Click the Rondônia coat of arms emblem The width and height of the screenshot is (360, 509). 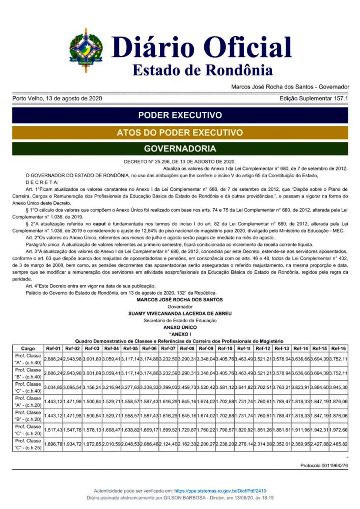tap(86, 50)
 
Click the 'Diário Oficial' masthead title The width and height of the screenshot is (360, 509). tap(201, 47)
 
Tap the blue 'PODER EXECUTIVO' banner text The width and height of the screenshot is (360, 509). tap(180, 115)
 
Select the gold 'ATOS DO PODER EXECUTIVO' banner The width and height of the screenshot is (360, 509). tap(180, 132)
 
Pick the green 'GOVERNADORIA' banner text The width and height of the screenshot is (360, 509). tap(180, 148)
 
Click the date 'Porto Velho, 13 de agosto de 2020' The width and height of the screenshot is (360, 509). tap(57, 98)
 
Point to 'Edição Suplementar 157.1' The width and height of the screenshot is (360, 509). tap(313, 98)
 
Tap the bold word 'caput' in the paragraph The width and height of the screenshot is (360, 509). tap(99, 224)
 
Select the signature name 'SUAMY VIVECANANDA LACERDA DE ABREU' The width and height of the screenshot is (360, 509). tap(180, 313)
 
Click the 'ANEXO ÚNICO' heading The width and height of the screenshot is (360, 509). tap(180, 327)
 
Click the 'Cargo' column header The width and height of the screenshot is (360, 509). tap(28, 348)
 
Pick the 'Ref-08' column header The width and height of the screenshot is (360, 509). tap(187, 348)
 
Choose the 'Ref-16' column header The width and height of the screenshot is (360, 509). tap(338, 348)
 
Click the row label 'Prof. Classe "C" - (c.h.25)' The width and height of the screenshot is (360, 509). tap(28, 444)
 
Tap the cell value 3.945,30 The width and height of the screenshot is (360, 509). tap(339, 387)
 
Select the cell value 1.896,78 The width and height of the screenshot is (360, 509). tap(53, 444)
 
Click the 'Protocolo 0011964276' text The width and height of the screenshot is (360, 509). tap(324, 466)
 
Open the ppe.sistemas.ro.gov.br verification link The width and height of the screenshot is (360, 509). tap(220, 491)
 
